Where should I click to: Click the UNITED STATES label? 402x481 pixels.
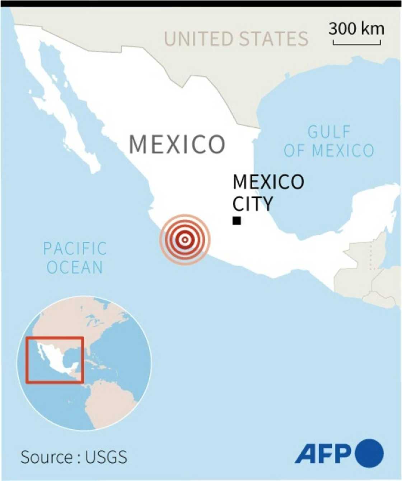[x=236, y=39]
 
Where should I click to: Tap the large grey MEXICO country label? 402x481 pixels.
[x=177, y=144]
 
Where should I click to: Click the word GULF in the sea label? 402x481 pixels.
[x=329, y=132]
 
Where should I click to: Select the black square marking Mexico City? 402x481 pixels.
[x=237, y=221]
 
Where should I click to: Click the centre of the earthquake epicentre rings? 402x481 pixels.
[x=185, y=239]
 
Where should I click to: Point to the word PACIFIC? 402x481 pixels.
[x=75, y=248]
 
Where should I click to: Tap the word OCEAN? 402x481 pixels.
[x=75, y=267]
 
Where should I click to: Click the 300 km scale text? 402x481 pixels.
[x=356, y=29]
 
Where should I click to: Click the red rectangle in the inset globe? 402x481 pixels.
[x=55, y=360]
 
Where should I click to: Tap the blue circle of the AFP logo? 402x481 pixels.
[x=369, y=453]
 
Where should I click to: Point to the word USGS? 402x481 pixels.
[x=106, y=457]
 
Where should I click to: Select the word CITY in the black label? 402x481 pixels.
[x=253, y=204]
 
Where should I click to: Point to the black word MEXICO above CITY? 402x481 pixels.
[x=268, y=182]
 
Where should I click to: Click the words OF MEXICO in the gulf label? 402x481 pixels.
[x=329, y=150]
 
